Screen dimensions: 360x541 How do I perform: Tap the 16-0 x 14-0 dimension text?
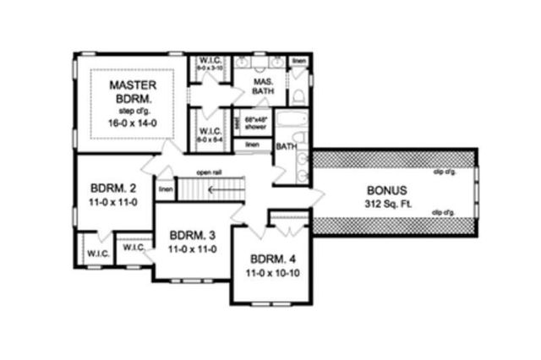coord(133,123)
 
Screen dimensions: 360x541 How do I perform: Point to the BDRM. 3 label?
coord(189,235)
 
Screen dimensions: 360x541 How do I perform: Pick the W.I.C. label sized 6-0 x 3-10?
coord(210,63)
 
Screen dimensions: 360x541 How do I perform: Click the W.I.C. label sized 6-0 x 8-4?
coord(210,135)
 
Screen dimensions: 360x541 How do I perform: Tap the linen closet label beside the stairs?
coord(166,189)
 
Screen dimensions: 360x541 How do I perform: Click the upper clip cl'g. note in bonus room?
coord(445,171)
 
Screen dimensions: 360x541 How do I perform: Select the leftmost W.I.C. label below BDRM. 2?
coord(92,252)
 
